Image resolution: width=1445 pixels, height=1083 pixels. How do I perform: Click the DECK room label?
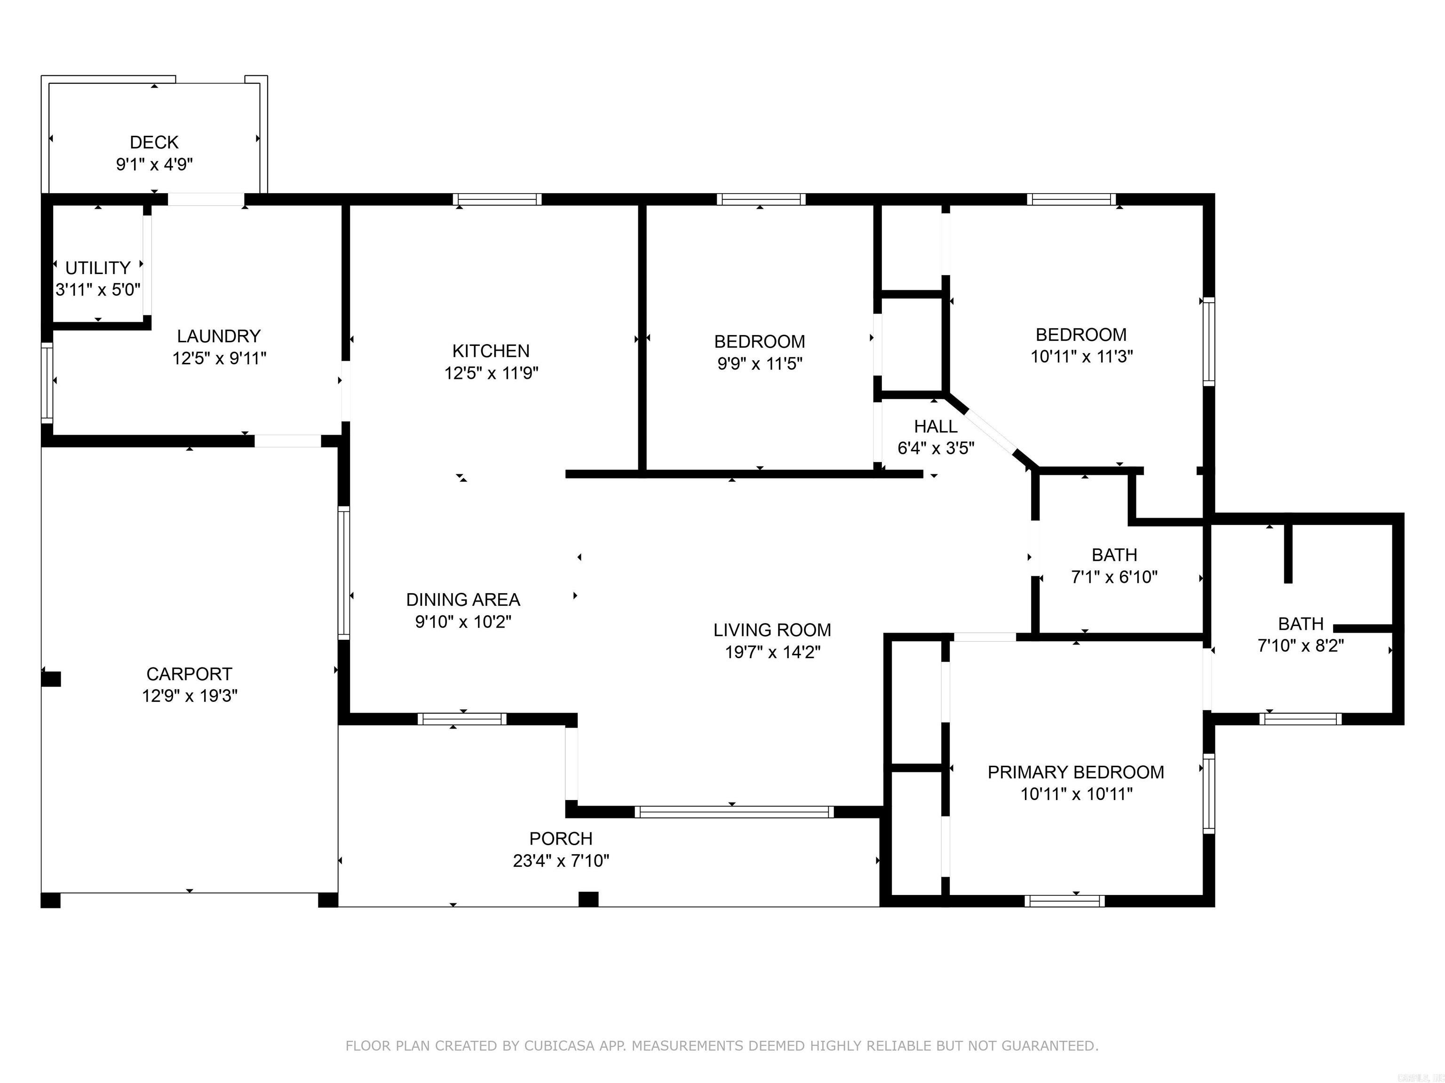point(154,142)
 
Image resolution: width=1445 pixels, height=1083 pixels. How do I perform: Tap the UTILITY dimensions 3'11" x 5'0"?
point(98,290)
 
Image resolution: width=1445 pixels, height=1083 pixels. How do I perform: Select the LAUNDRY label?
point(219,336)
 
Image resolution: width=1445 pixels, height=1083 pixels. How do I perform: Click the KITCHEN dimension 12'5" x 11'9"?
point(491,373)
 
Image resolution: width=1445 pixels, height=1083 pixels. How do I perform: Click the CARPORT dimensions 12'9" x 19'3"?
point(190,696)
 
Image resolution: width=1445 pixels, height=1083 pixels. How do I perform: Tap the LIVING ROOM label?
point(772,630)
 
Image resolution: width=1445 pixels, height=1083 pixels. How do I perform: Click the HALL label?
point(936,426)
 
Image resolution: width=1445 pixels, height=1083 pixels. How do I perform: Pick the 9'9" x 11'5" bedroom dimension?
point(759,364)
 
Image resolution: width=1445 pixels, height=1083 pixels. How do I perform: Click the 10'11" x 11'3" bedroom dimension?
point(1081,356)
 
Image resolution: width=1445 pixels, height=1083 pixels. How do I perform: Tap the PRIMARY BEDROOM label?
point(1075,772)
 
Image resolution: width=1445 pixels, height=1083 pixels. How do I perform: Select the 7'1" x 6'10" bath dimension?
point(1114,577)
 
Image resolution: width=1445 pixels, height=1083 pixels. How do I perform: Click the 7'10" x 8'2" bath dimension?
point(1300,646)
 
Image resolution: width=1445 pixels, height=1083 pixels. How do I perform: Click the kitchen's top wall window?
point(498,199)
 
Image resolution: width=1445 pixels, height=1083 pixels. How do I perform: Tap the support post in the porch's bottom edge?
point(588,899)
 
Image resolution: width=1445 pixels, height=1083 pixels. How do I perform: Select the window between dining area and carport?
point(344,573)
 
